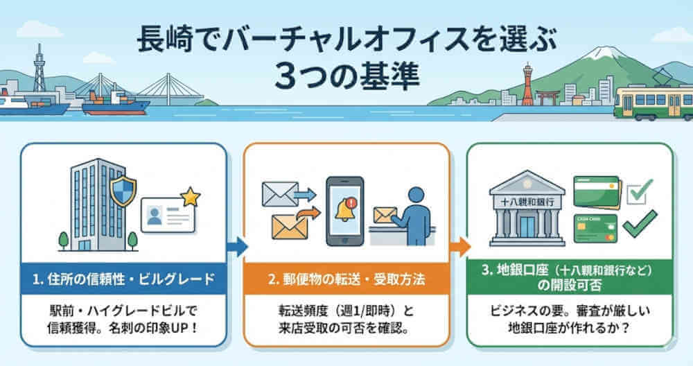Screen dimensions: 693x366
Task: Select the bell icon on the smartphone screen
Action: pos(344,210)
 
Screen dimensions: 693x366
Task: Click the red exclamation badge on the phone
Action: pos(354,203)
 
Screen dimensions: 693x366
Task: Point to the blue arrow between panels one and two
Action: pos(238,245)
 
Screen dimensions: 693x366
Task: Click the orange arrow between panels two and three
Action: pos(459,245)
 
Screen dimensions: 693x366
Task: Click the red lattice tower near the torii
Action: pos(528,87)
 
